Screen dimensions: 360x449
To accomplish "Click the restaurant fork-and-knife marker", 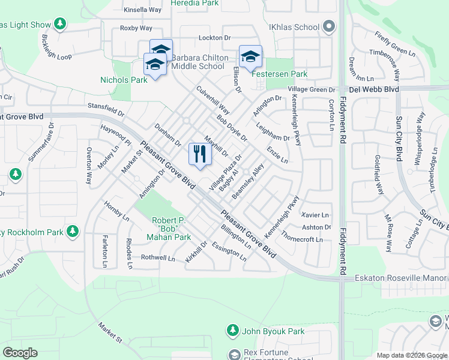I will pos(200,154).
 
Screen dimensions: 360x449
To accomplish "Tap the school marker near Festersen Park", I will pos(250,57).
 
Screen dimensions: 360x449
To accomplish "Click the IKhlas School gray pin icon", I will pos(328,26).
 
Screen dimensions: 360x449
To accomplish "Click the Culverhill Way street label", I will pos(213,100).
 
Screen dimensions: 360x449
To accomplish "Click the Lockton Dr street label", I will pos(215,38).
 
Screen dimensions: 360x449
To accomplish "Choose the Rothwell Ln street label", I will pos(157,258).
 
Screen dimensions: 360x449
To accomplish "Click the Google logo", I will pos(20,353).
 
